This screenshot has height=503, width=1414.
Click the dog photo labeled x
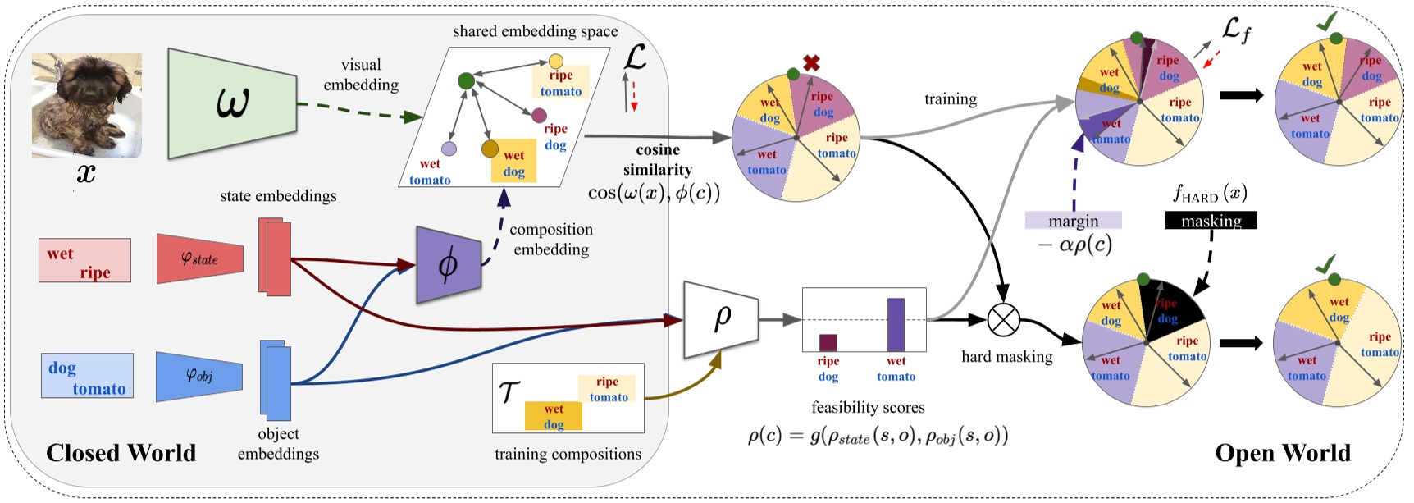pyautogui.click(x=86, y=105)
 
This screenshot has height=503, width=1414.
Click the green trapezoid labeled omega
pyautogui.click(x=231, y=103)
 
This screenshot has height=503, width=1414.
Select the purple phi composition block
pyautogui.click(x=448, y=265)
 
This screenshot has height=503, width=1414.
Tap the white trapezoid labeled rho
pyautogui.click(x=720, y=319)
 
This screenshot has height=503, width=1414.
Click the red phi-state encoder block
pyautogui.click(x=199, y=259)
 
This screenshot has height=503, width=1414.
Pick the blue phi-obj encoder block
pyautogui.click(x=198, y=377)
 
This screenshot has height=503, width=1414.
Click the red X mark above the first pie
pyautogui.click(x=811, y=62)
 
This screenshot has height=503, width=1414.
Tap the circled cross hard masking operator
pyautogui.click(x=1003, y=318)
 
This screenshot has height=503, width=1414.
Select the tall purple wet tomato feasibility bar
pyautogui.click(x=896, y=324)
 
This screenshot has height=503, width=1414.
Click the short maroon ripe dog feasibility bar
pyautogui.click(x=828, y=342)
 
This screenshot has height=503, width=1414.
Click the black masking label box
pyautogui.click(x=1211, y=221)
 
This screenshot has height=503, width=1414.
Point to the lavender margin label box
pyautogui.click(x=1073, y=221)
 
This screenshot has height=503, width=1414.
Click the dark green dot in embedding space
pyautogui.click(x=466, y=80)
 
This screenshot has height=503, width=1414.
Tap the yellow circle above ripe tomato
pyautogui.click(x=556, y=61)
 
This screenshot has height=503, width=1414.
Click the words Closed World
pyautogui.click(x=121, y=453)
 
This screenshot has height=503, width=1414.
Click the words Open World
pyautogui.click(x=1282, y=453)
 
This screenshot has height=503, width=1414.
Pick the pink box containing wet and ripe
pyautogui.click(x=84, y=261)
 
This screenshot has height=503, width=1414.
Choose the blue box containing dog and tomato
pyautogui.click(x=87, y=377)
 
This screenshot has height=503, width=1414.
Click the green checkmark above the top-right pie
pyautogui.click(x=1326, y=23)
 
